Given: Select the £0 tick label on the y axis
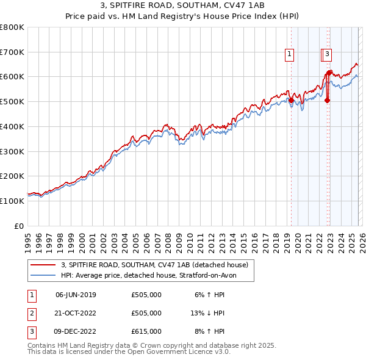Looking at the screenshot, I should [x=20, y=226].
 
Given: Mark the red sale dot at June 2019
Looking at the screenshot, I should [x=291, y=101].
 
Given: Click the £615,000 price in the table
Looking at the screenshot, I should [x=146, y=331].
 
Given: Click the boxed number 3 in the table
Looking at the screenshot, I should [x=30, y=331].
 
